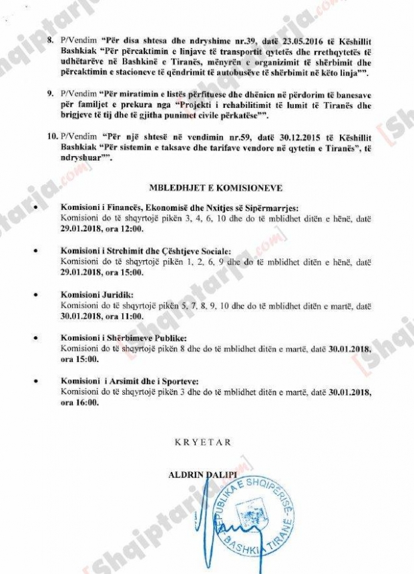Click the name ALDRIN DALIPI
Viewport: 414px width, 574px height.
206,475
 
